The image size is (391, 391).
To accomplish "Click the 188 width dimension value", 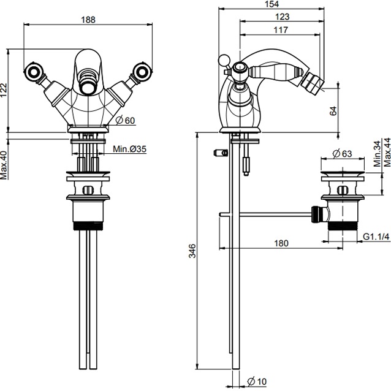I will click(x=88, y=19).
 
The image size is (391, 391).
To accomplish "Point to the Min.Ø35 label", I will click(x=129, y=149).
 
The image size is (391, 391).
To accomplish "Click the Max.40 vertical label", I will click(x=4, y=164).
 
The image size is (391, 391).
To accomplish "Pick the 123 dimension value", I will click(x=283, y=18).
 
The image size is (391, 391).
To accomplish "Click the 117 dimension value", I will click(x=283, y=30).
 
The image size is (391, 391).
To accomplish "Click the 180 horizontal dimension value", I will click(x=280, y=243).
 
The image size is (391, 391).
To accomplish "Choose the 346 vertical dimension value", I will click(x=192, y=251).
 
